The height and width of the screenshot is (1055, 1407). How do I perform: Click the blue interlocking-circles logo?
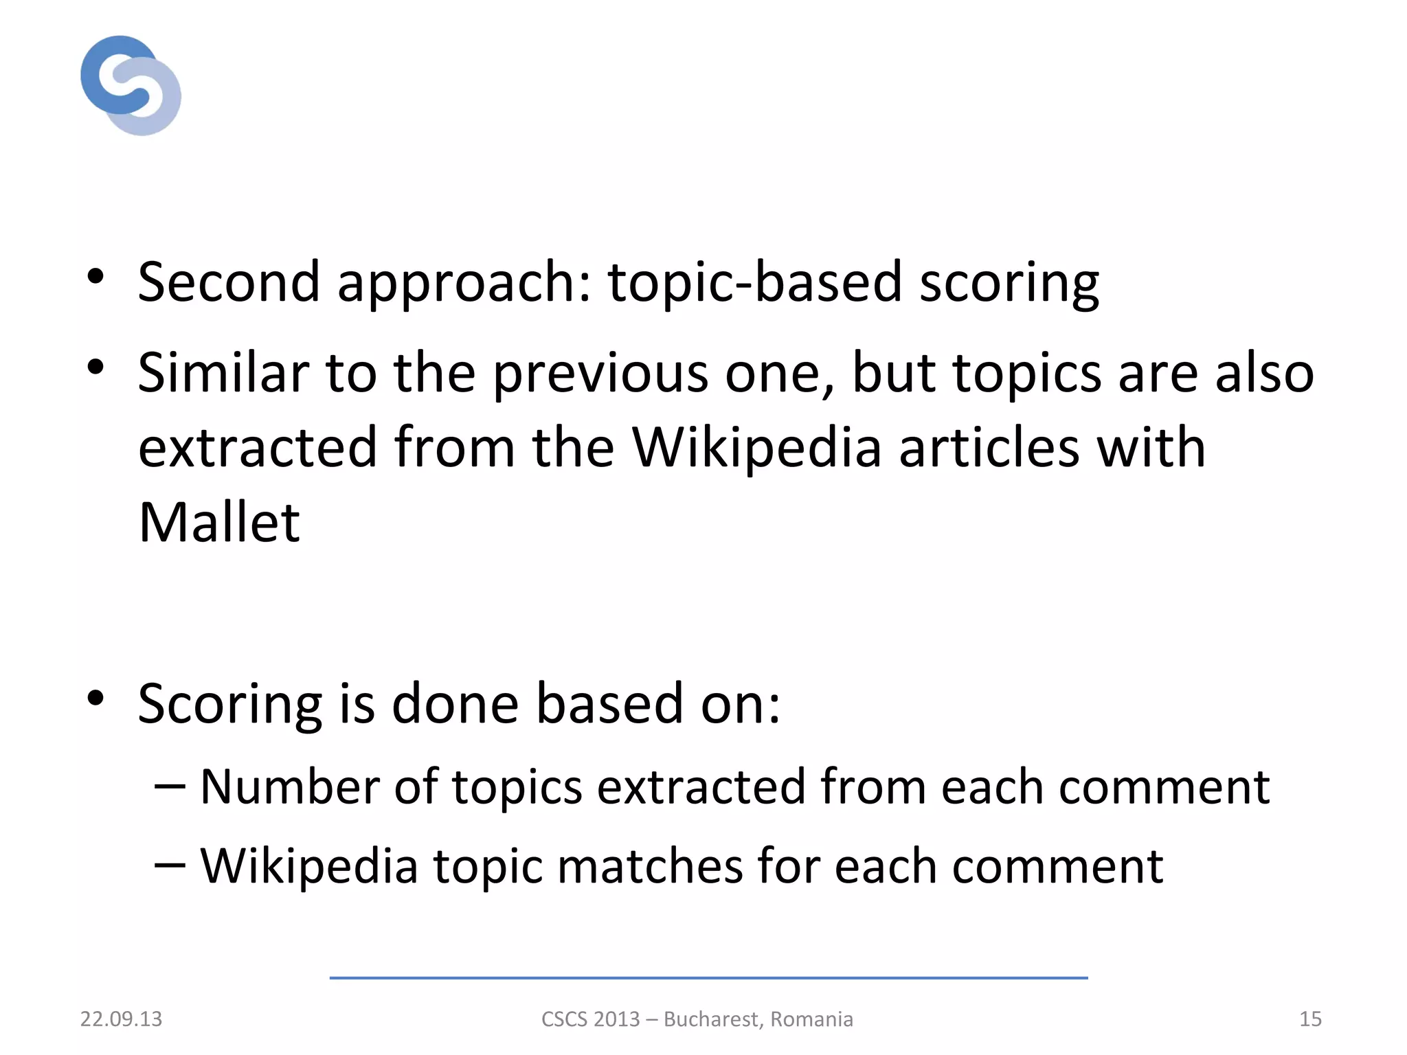[x=131, y=85]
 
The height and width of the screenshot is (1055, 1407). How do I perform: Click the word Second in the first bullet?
[x=229, y=282]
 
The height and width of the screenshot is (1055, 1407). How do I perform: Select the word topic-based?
[x=754, y=282]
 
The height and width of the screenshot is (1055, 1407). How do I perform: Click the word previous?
[x=600, y=374]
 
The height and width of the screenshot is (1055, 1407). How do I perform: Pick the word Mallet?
[x=219, y=522]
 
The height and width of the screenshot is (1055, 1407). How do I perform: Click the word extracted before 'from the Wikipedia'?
[x=258, y=447]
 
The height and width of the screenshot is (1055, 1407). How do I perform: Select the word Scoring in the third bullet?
[x=229, y=705]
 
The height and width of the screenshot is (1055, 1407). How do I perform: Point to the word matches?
[x=650, y=865]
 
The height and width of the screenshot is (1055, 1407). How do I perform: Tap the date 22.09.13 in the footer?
[x=121, y=1019]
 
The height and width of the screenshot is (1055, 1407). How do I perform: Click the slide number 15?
[x=1310, y=1019]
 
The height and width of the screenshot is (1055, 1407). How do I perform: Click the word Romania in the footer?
[x=811, y=1019]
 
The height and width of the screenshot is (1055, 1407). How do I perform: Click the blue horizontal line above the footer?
[x=708, y=977]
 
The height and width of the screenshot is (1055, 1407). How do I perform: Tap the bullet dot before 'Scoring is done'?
[x=95, y=698]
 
